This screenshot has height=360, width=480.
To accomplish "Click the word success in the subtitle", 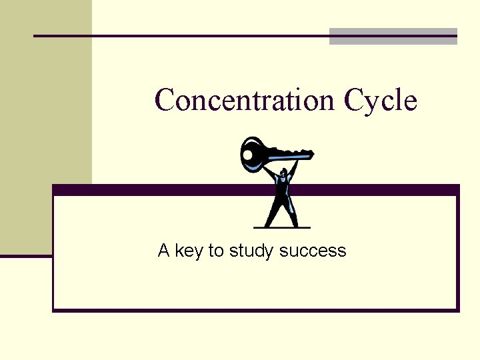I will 313,252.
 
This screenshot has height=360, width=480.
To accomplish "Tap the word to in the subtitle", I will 215,251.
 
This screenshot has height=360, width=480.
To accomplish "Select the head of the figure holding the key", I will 284,174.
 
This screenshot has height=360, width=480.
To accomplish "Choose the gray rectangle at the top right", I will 393,37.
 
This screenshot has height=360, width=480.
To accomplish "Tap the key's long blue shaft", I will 290,156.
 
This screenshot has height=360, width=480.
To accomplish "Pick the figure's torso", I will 284,190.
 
